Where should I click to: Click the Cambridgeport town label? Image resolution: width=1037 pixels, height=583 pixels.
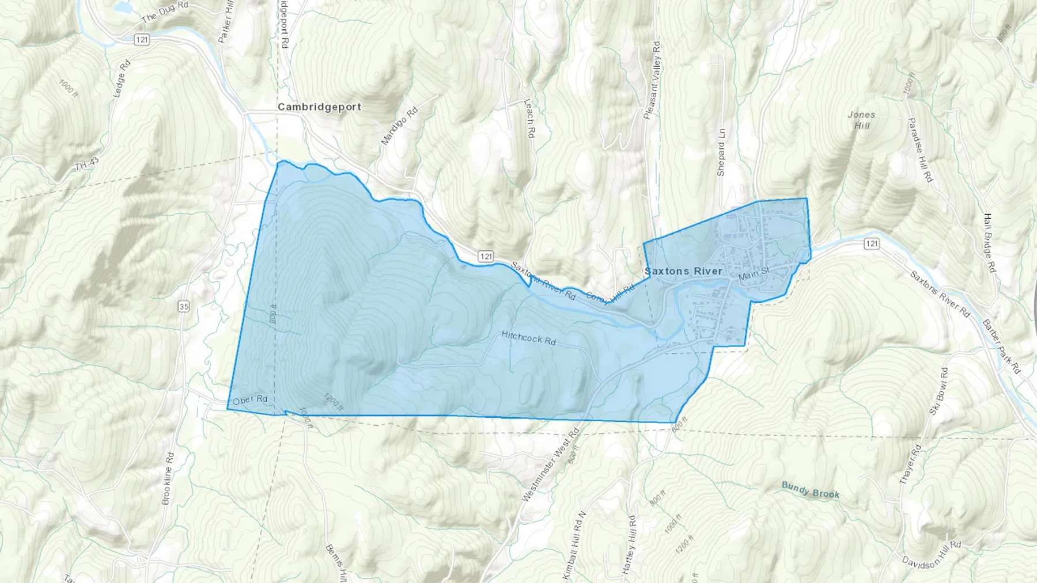coord(319,107)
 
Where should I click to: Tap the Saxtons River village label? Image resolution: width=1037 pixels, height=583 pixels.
coord(683,271)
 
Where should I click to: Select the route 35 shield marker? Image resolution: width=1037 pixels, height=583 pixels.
coord(183,307)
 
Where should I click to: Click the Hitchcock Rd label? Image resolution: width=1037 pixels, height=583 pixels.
coord(528,338)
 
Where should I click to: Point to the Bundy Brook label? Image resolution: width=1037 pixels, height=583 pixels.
coord(810,490)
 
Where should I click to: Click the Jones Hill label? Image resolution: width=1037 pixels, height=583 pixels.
coord(861,120)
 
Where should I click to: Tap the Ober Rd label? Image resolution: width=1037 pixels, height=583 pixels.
coord(250,399)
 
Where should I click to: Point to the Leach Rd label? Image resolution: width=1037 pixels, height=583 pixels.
coord(529,117)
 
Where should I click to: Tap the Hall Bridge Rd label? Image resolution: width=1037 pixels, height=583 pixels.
coord(989,243)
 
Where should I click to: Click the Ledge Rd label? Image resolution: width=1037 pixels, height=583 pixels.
coord(123,78)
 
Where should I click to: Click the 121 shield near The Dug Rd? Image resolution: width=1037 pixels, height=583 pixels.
coord(142,39)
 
